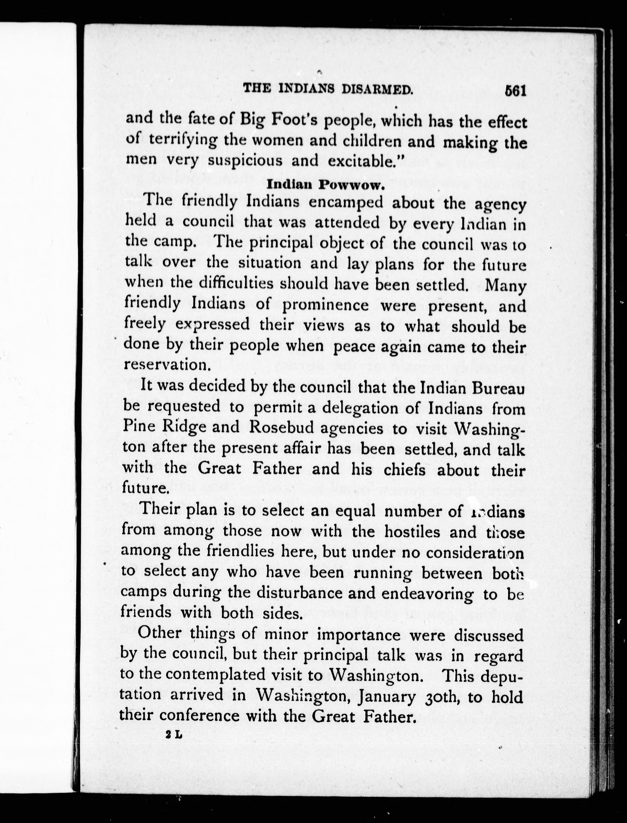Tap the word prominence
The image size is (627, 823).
325,306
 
